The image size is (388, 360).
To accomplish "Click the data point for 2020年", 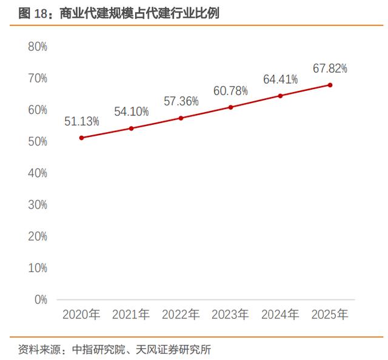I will (x=82, y=138).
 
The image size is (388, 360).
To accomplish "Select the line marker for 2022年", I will (x=181, y=118).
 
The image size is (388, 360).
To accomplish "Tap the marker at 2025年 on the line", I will (x=330, y=85).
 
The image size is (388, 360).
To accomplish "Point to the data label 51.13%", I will (x=82, y=121).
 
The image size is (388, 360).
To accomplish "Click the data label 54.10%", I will (x=132, y=112).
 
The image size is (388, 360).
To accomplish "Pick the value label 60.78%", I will (x=230, y=91).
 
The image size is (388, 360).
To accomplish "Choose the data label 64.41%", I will (x=280, y=79).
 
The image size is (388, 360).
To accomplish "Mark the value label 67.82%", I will (x=330, y=68).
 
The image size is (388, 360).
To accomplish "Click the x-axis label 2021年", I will (x=132, y=315).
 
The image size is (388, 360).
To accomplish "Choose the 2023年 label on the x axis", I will (x=230, y=315).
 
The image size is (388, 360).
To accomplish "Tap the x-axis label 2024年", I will (x=280, y=315).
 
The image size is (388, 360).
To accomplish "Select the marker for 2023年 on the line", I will (x=230, y=107).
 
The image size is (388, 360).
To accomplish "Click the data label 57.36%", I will (x=181, y=101).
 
